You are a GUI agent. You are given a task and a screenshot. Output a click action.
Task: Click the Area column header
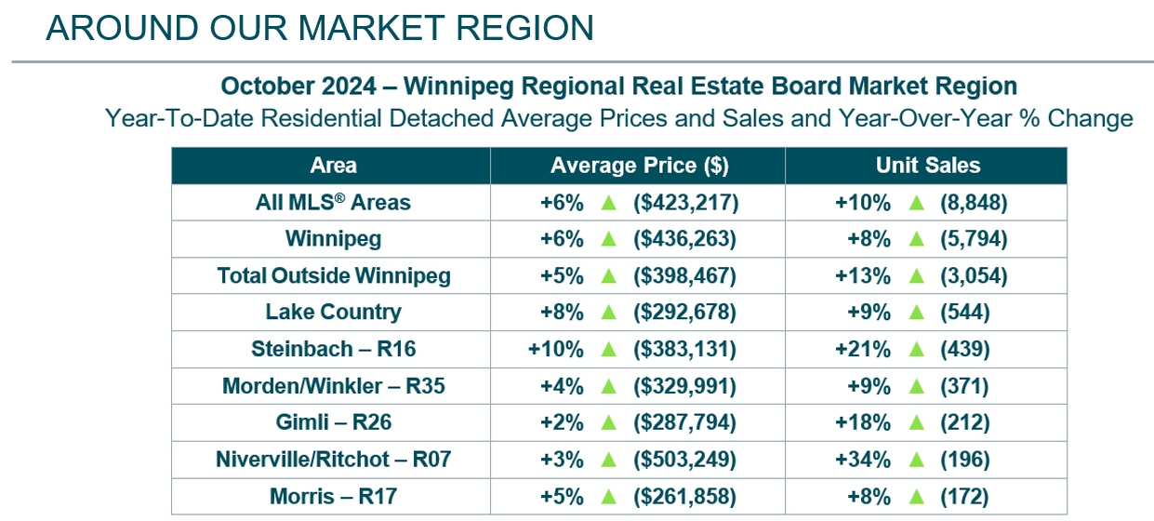[x=333, y=166]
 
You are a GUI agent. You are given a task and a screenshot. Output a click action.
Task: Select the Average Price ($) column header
[x=639, y=166]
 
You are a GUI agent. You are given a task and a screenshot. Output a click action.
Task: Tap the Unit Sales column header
[x=927, y=166]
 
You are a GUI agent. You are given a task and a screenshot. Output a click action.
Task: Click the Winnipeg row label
[x=333, y=239]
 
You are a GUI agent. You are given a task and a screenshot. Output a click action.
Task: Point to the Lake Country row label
[x=333, y=313]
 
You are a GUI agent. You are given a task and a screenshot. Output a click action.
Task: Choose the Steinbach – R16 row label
[x=333, y=350]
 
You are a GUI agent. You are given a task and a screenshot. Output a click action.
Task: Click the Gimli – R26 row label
[x=333, y=422]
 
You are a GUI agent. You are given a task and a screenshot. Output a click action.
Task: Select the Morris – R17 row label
[x=333, y=497]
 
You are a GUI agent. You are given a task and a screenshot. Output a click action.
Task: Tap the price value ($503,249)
[x=684, y=460]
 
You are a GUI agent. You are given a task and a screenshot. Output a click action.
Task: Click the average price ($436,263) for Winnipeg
[x=684, y=239]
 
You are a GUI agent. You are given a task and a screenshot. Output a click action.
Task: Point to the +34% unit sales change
[x=869, y=460]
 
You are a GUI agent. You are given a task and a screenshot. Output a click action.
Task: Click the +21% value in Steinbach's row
[x=869, y=350]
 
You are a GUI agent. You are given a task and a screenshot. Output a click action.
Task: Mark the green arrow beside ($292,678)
[x=609, y=313]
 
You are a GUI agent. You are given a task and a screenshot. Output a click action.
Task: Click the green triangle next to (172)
[x=916, y=497]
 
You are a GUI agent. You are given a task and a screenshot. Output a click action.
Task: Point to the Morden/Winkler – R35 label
[x=333, y=386]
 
